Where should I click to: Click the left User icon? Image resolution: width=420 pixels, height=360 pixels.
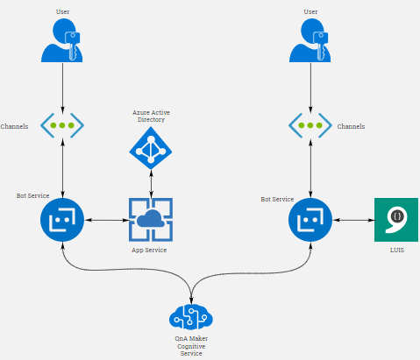point(62,41)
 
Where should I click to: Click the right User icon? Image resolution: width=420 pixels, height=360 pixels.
point(310,41)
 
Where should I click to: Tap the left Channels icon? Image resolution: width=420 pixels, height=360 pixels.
point(62,125)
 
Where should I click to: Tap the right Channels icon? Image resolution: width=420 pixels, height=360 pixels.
point(310,125)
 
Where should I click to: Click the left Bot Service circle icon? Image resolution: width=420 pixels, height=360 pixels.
point(62,220)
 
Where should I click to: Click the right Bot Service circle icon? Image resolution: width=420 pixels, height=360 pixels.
point(310,220)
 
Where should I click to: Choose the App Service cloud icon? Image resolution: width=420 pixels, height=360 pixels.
point(151,220)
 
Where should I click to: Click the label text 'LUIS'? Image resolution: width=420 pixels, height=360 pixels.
point(396,251)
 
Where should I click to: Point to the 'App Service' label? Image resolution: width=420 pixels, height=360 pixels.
point(151,251)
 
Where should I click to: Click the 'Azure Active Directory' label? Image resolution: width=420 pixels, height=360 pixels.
point(151,116)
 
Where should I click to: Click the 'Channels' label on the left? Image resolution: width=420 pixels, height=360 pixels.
point(15,126)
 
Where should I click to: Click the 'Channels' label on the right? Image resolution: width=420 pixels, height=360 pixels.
point(351,126)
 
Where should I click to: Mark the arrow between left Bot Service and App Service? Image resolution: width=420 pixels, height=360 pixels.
point(107,220)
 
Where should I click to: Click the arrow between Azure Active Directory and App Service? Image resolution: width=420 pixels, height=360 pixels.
point(151,182)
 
